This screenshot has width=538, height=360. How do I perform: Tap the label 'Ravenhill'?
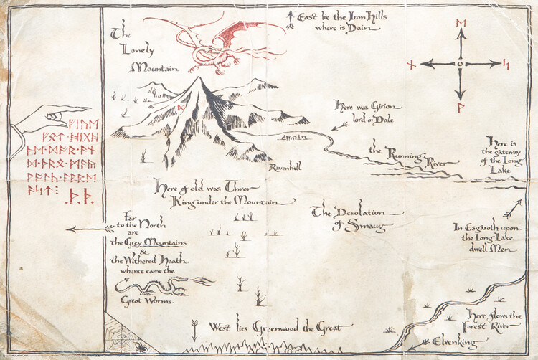coord(285,167)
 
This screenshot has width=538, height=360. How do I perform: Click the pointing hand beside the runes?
coord(46,118)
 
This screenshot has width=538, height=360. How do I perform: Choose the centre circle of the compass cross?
coord(460,64)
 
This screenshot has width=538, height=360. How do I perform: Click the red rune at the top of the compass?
coord(460,24)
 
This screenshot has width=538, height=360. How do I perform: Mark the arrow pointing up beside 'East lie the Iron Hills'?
coord(290,20)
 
